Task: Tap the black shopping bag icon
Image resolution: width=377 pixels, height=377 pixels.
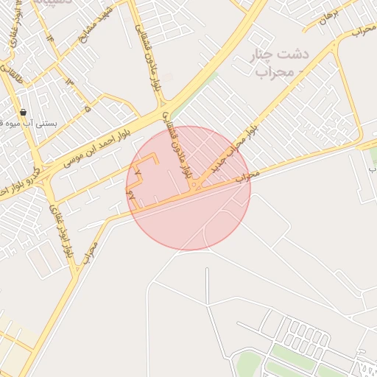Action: pos(24,113)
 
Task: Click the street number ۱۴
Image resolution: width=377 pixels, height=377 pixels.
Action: pos(51,36)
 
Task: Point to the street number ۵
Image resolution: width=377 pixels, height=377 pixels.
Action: pos(88,109)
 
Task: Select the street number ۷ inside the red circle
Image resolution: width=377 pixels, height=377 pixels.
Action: pos(138,171)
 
